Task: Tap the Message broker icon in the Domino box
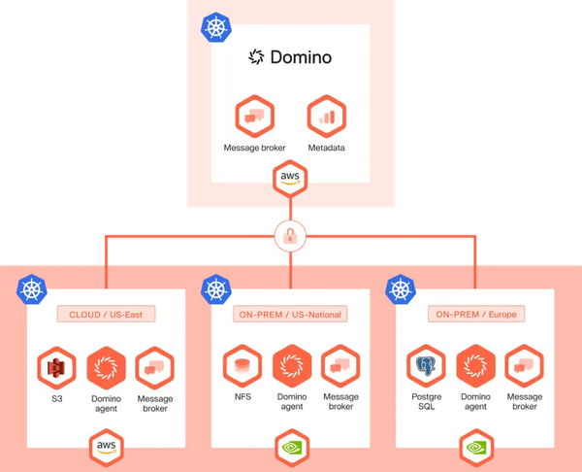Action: click(x=254, y=117)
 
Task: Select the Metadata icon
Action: click(x=326, y=117)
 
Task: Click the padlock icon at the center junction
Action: click(x=290, y=236)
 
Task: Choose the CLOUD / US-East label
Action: click(x=106, y=315)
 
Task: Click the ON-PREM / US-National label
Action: click(x=291, y=315)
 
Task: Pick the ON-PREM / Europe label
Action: click(x=475, y=315)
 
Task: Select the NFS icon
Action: click(x=242, y=367)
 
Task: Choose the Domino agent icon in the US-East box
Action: click(x=106, y=367)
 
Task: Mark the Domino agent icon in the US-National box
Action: click(x=291, y=367)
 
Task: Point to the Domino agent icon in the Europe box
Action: click(x=476, y=367)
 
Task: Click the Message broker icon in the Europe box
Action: click(x=525, y=367)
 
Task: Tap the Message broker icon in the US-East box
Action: click(x=154, y=367)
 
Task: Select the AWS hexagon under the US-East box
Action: click(x=106, y=446)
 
